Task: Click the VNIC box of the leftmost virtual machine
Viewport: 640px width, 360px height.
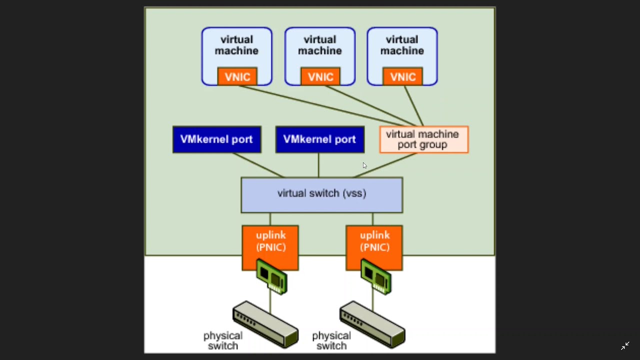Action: pos(237,76)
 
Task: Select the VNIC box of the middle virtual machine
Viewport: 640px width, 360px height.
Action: pos(320,76)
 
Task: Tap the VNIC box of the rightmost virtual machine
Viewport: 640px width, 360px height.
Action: pos(402,76)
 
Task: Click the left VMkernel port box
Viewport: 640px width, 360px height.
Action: pos(216,139)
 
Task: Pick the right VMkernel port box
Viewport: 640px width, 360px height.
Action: pos(319,139)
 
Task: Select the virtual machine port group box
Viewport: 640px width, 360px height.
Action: pos(423,139)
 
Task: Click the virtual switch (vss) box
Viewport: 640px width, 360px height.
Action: pos(321,195)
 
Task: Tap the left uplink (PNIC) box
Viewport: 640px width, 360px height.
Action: pos(270,242)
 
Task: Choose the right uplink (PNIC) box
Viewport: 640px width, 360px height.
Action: pos(374,242)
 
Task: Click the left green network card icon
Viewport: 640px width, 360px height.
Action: pos(272,276)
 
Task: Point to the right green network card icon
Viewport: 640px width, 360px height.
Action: pos(376,276)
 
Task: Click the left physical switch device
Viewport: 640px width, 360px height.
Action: pos(265,323)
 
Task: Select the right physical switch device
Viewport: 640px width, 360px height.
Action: pos(372,323)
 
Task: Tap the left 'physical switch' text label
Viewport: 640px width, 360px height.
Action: pos(222,340)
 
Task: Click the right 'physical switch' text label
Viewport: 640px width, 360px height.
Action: pos(331,340)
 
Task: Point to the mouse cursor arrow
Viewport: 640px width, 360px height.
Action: pos(364,165)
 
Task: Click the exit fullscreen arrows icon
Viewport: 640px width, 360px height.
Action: pos(625,345)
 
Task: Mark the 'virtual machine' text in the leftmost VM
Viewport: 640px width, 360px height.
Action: pos(236,45)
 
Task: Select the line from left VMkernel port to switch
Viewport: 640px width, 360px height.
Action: pos(258,165)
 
